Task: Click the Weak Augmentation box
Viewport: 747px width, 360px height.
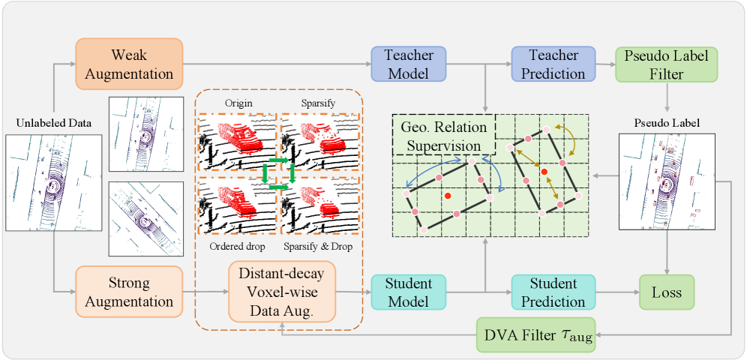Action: click(x=128, y=64)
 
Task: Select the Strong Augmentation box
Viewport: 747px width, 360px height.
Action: click(x=128, y=292)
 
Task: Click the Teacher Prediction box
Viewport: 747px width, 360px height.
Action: click(x=553, y=64)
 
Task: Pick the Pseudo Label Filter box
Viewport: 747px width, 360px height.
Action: click(x=666, y=64)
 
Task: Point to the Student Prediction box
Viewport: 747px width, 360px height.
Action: click(x=553, y=292)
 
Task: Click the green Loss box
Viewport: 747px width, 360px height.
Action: click(x=666, y=292)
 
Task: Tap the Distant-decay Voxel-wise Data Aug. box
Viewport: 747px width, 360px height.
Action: click(x=281, y=291)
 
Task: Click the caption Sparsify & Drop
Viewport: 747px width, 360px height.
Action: click(x=319, y=247)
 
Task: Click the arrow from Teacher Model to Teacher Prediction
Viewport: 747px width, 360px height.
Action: click(x=480, y=64)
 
